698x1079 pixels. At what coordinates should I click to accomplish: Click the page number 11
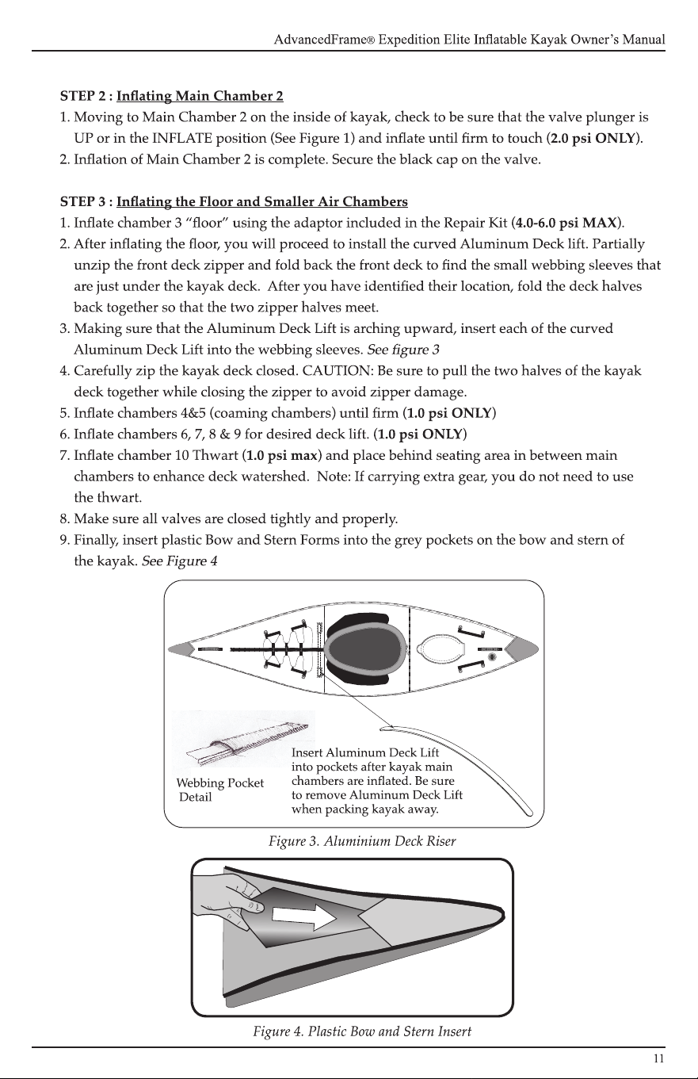[659, 1058]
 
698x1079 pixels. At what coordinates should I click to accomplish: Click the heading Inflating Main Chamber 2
[200, 97]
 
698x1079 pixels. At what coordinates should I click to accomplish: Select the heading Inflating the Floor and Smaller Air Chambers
[262, 202]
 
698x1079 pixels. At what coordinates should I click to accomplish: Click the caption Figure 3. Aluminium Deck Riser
[362, 841]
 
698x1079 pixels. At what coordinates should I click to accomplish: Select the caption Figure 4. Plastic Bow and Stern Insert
[362, 1031]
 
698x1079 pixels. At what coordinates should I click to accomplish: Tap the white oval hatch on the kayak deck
[442, 649]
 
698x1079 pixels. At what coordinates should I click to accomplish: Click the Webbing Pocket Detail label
[219, 790]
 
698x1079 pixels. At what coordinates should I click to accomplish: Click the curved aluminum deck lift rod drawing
[462, 762]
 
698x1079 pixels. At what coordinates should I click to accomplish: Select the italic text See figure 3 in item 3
[403, 350]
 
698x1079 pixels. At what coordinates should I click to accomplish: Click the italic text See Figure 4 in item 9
[180, 561]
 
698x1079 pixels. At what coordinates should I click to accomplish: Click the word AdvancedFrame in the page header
[321, 40]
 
